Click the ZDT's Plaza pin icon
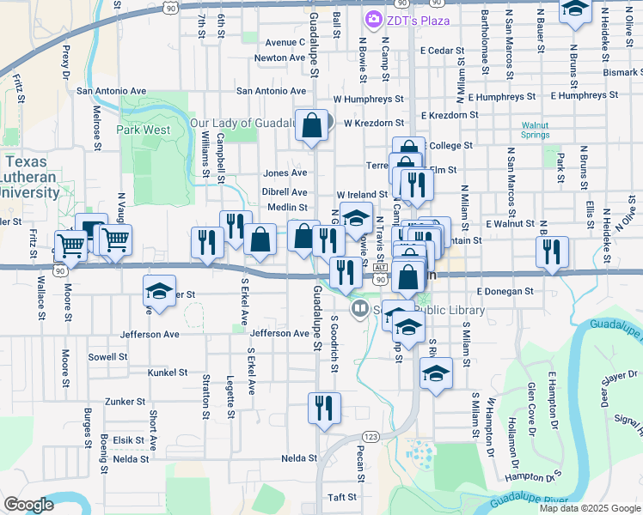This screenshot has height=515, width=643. pyautogui.click(x=374, y=19)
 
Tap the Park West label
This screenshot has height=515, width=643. pyautogui.click(x=143, y=130)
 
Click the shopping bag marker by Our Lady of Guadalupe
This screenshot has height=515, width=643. pyautogui.click(x=312, y=124)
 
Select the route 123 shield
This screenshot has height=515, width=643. pyautogui.click(x=370, y=437)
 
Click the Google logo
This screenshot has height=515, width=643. pyautogui.click(x=28, y=505)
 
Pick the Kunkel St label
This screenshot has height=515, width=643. pyautogui.click(x=168, y=373)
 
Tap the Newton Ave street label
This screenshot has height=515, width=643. pyautogui.click(x=280, y=58)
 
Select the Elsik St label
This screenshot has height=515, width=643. pyautogui.click(x=128, y=439)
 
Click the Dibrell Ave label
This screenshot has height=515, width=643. pyautogui.click(x=285, y=192)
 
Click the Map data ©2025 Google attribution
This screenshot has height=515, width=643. pyautogui.click(x=590, y=508)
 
